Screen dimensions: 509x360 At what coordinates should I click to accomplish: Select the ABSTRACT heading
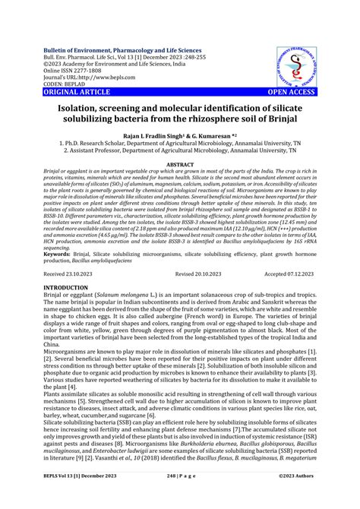(179, 163)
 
